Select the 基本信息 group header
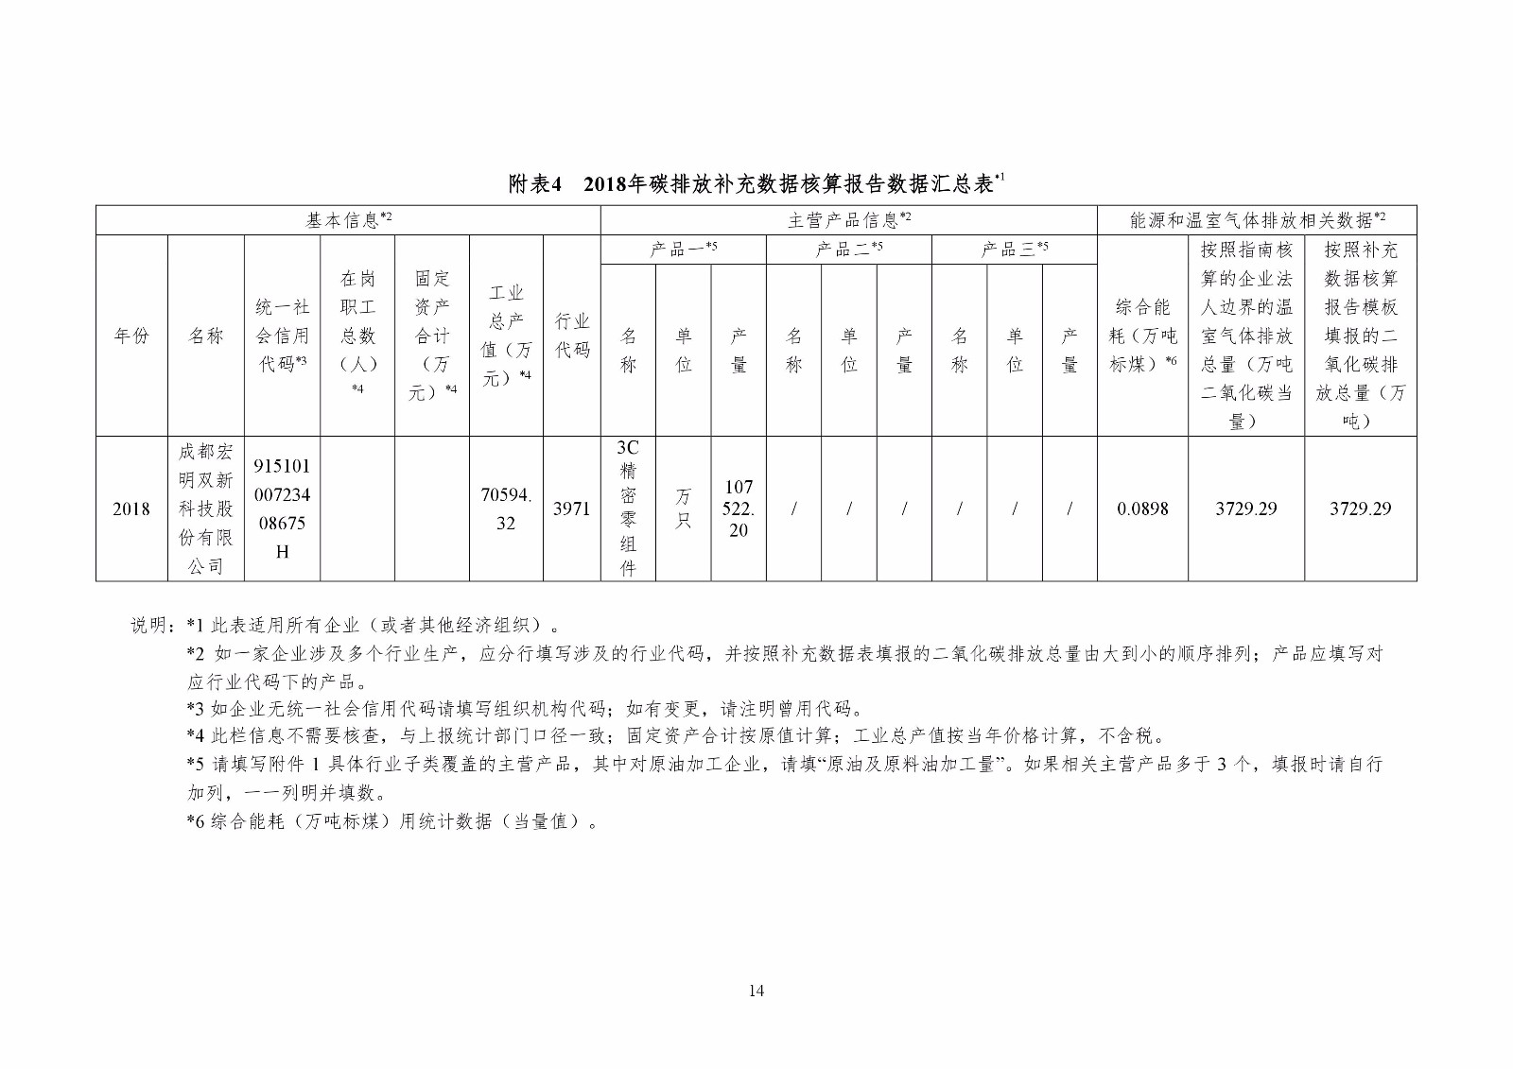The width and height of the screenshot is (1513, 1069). point(348,220)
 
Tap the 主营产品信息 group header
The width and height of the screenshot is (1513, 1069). point(848,220)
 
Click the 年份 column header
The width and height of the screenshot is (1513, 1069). point(131,336)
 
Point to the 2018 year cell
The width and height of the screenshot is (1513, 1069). point(131,509)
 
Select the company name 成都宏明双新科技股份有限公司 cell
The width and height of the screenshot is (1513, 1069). point(206,509)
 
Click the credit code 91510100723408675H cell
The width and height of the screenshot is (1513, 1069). point(282,509)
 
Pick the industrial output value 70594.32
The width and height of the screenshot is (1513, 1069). point(506,509)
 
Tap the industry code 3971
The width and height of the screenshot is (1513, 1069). point(571,509)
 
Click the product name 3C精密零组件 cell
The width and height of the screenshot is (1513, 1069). point(628,509)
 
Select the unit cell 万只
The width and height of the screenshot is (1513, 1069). point(683,509)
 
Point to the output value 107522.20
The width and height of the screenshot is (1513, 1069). point(738,509)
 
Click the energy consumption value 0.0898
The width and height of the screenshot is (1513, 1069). point(1142,509)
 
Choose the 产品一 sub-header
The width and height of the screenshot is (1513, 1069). point(683,250)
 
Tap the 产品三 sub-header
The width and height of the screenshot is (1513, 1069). point(1014,250)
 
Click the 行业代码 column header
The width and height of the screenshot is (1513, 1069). point(571,336)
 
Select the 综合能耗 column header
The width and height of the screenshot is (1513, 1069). point(1142,336)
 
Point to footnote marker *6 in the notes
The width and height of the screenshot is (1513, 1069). point(196,821)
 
